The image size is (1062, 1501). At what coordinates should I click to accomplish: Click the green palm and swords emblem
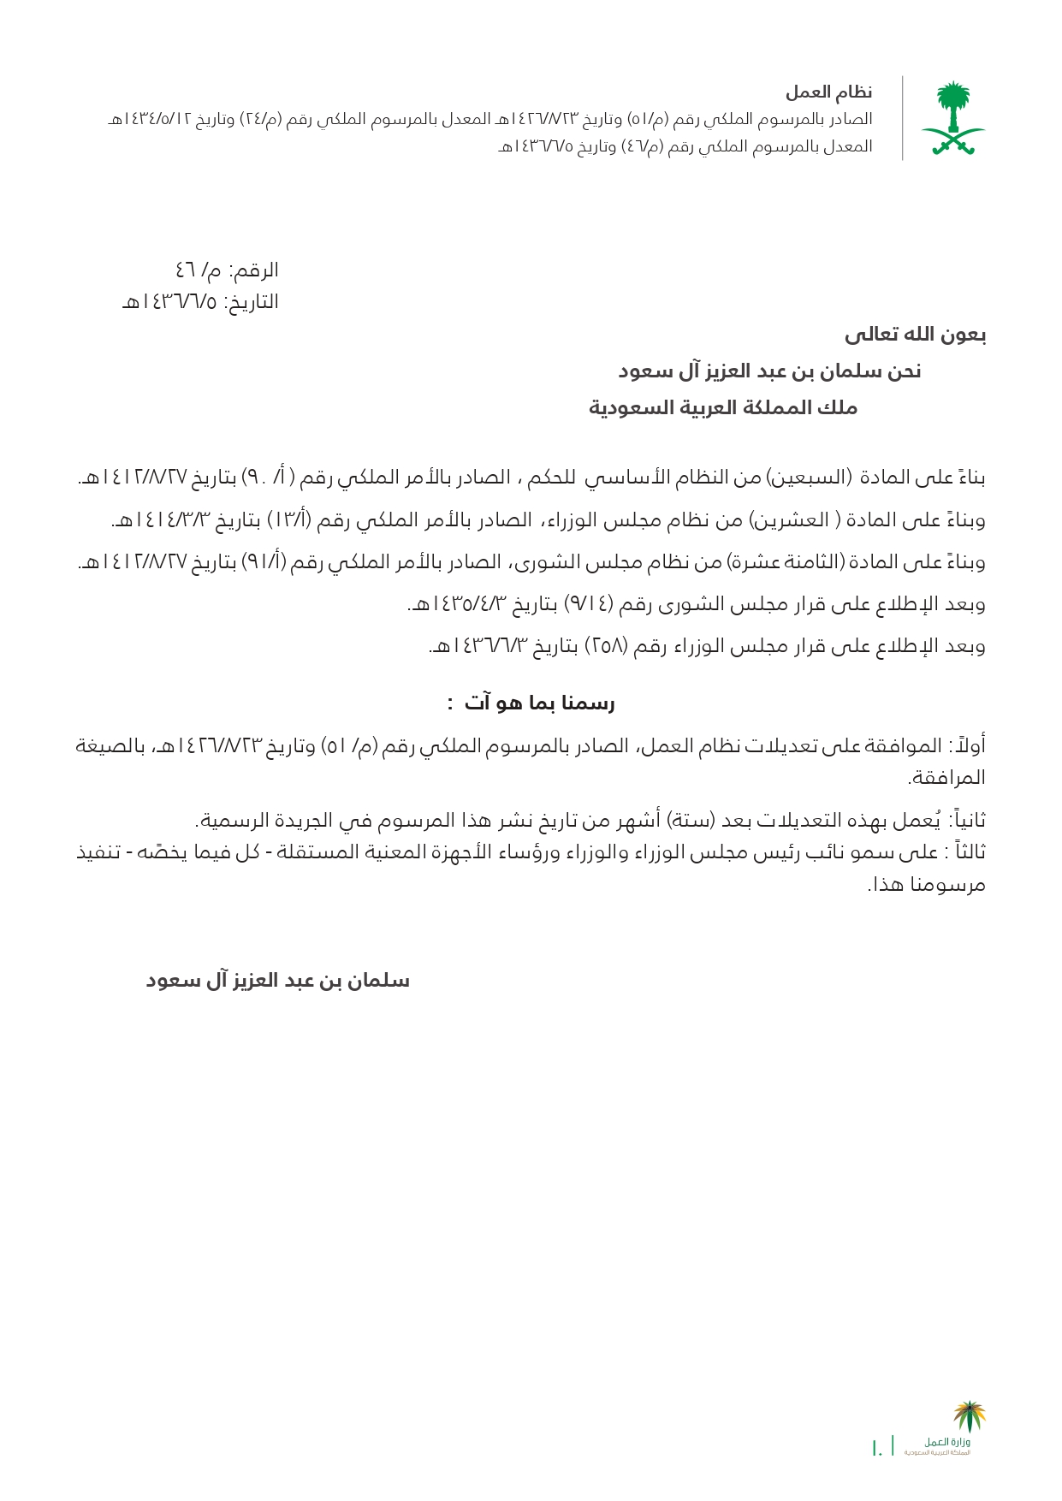tap(952, 118)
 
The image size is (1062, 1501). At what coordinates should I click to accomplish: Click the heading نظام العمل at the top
tap(828, 92)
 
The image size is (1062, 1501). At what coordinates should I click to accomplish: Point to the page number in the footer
tap(876, 1448)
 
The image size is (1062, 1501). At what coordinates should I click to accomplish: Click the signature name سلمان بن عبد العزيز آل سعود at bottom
tap(277, 981)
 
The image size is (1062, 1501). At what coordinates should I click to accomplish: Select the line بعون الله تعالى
tap(915, 335)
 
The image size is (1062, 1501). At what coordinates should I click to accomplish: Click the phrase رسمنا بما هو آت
tap(539, 703)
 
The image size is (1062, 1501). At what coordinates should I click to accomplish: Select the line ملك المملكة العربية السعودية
tap(723, 407)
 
